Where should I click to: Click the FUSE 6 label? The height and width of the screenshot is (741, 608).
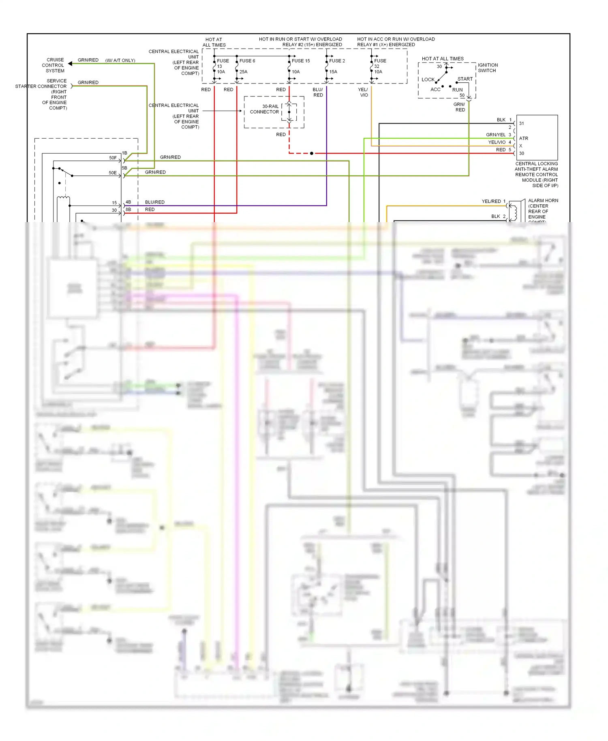click(247, 61)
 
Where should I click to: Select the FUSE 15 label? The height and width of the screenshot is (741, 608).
click(301, 61)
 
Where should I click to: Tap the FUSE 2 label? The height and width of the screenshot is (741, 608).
click(337, 61)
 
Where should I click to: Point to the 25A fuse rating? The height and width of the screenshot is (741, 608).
click(243, 72)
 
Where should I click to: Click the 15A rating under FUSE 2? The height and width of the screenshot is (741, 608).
click(333, 72)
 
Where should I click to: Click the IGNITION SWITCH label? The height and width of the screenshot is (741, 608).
click(488, 68)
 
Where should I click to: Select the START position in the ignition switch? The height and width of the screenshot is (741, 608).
click(465, 79)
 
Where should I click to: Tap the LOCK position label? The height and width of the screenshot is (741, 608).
click(428, 79)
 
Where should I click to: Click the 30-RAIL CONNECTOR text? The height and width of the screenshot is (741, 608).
click(265, 109)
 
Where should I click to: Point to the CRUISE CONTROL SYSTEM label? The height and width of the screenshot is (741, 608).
click(54, 65)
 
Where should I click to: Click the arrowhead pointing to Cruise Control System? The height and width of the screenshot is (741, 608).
click(70, 64)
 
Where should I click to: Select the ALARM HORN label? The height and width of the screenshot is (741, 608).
click(543, 201)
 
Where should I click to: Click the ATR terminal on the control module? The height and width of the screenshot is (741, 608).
click(523, 138)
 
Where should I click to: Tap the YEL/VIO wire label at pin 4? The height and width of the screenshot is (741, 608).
click(497, 142)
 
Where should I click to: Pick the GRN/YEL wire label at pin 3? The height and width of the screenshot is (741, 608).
click(495, 135)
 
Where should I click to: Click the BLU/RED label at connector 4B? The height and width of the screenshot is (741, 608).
click(154, 202)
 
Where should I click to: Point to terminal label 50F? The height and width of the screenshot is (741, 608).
click(113, 158)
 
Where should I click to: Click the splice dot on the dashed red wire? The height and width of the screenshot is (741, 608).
click(311, 153)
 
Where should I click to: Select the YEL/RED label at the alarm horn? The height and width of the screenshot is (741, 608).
click(491, 201)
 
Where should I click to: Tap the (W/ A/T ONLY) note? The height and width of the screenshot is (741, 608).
click(120, 60)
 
